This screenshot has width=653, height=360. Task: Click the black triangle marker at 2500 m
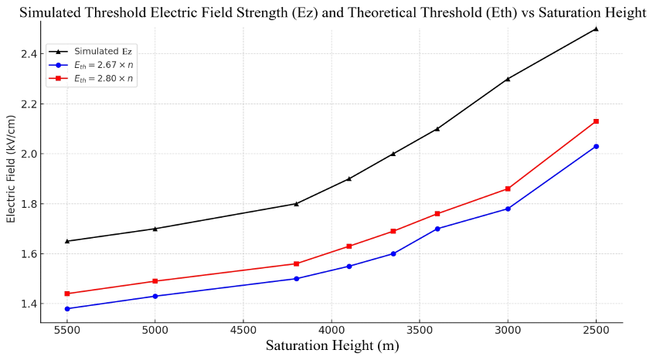pyautogui.click(x=596, y=29)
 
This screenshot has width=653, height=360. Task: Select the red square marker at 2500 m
pyautogui.click(x=596, y=121)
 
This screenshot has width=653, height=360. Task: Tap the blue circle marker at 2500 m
pyautogui.click(x=596, y=146)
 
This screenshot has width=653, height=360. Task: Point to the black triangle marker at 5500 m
pyautogui.click(x=67, y=241)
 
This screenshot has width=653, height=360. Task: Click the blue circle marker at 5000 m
pyautogui.click(x=155, y=296)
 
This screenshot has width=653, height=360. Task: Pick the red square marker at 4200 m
pyautogui.click(x=296, y=263)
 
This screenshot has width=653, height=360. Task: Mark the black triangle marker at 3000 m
pyautogui.click(x=508, y=79)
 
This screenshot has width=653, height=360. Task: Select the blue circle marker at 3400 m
pyautogui.click(x=437, y=229)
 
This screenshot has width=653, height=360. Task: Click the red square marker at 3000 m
pyautogui.click(x=508, y=188)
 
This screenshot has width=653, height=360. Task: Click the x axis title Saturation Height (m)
pyautogui.click(x=332, y=346)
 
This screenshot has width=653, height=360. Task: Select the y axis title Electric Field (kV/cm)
pyautogui.click(x=11, y=169)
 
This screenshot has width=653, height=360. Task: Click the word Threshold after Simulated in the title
pyautogui.click(x=134, y=12)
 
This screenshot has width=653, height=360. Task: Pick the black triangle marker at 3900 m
pyautogui.click(x=349, y=178)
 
